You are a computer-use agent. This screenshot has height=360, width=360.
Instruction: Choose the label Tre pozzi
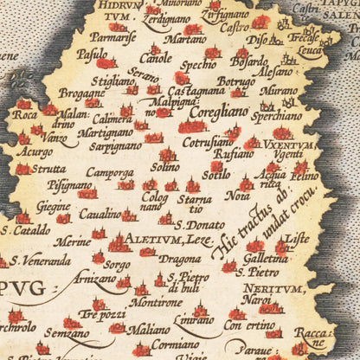[100, 315]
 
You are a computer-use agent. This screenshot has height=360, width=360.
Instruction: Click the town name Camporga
[111, 172]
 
